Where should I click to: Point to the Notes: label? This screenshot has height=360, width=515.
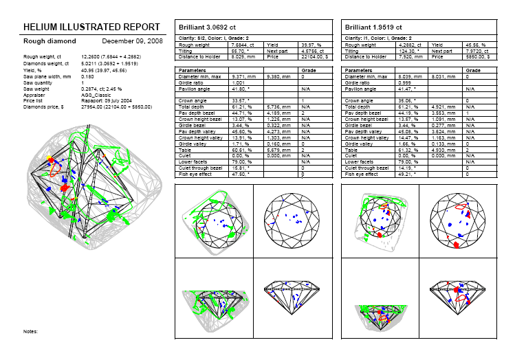tap(30, 331)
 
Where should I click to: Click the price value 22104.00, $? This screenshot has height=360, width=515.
tap(312, 57)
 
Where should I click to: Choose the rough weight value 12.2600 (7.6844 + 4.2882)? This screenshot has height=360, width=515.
tap(114, 56)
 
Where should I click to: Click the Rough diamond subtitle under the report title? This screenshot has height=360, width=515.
tap(45, 41)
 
